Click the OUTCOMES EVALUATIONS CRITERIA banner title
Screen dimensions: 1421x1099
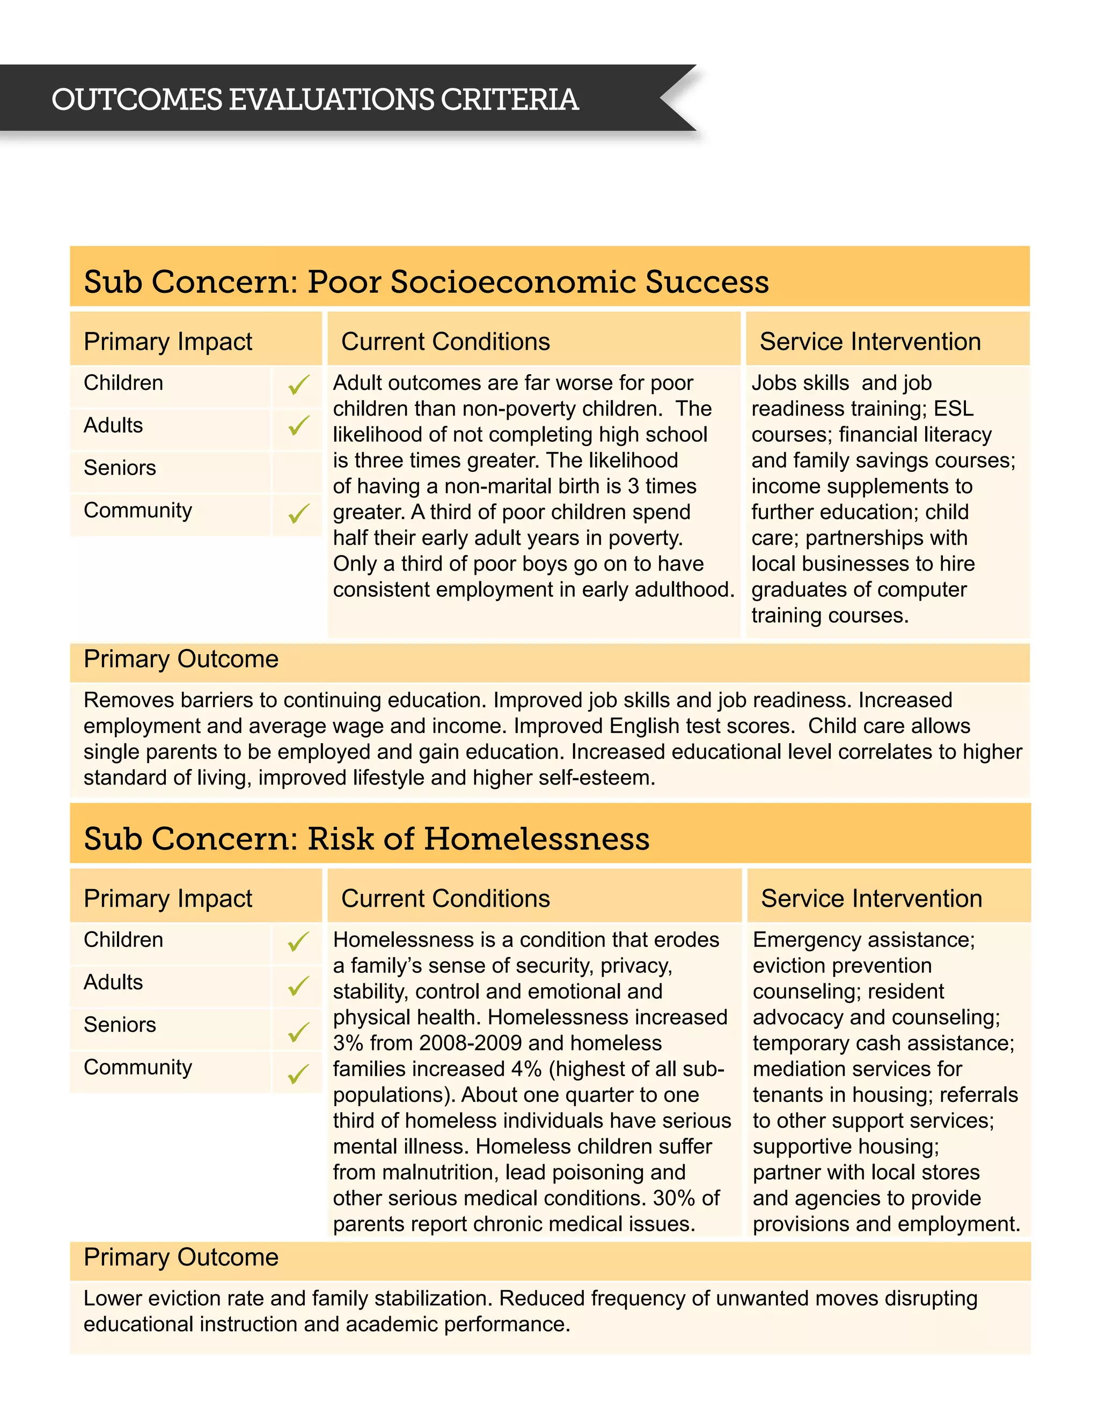315,100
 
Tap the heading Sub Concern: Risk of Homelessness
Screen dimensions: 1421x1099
367,839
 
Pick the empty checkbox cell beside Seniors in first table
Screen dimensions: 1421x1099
297,469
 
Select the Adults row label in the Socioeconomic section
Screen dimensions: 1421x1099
113,426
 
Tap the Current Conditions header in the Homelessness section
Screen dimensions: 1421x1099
445,899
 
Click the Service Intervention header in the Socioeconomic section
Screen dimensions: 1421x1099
870,342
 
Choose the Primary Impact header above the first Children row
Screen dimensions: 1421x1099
168,342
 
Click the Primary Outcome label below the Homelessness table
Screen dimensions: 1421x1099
181,1257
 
